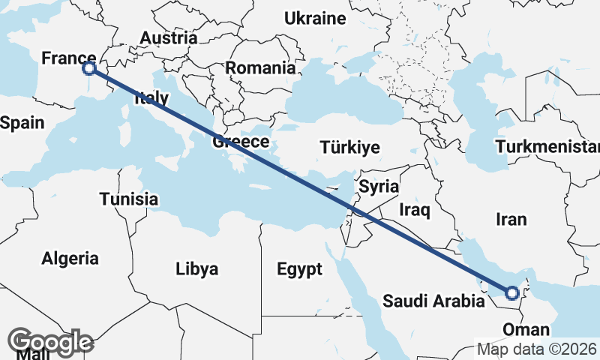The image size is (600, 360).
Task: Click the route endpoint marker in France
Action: click(89, 68)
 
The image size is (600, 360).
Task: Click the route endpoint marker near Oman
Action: click(512, 293)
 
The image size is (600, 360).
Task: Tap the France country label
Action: click(68, 58)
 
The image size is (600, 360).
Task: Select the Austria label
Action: click(169, 37)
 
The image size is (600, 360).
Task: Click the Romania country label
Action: click(260, 67)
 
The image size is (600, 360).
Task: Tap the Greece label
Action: click(241, 142)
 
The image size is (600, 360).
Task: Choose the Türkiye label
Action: click(349, 147)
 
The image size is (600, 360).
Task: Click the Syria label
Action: click(379, 186)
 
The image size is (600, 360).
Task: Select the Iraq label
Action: click(415, 209)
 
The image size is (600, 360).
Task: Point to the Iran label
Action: click(511, 220)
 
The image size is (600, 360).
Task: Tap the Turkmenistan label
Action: click(547, 146)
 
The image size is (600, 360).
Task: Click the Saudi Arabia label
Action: click(433, 301)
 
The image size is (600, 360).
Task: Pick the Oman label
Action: click(526, 330)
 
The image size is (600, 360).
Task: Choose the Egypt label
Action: click(298, 268)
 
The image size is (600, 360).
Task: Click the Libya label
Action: click(196, 268)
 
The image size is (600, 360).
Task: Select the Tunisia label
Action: click(129, 199)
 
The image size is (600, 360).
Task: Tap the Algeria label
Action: click(70, 259)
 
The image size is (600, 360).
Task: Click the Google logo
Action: click(52, 342)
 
